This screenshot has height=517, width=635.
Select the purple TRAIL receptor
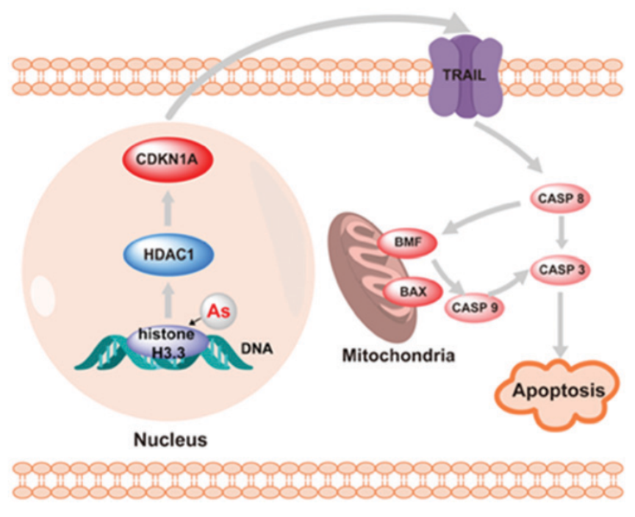tap(464, 75)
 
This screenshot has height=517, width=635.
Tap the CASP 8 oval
tap(561, 198)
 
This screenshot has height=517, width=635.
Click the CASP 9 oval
tap(474, 306)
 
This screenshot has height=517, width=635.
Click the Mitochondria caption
tap(398, 356)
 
